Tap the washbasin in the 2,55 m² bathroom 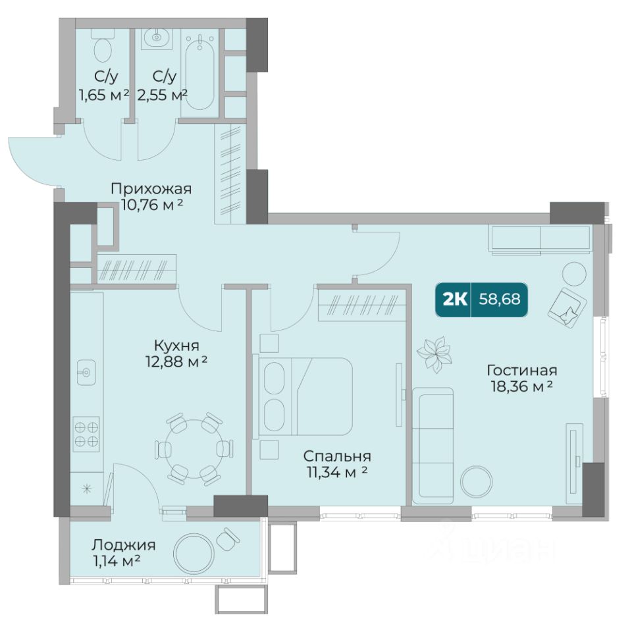coord(157,38)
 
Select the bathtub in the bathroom coord(200,72)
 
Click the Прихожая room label coord(151,189)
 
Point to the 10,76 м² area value coord(152,205)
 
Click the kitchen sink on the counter coord(86,373)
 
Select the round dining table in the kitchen coord(194,449)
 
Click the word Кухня coord(176,346)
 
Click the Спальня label coord(337,456)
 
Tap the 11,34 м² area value coord(337,472)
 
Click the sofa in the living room coord(433,446)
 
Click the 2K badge coord(455,300)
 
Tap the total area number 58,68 coord(500,300)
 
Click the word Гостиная coord(522,370)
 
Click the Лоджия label coord(123,545)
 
